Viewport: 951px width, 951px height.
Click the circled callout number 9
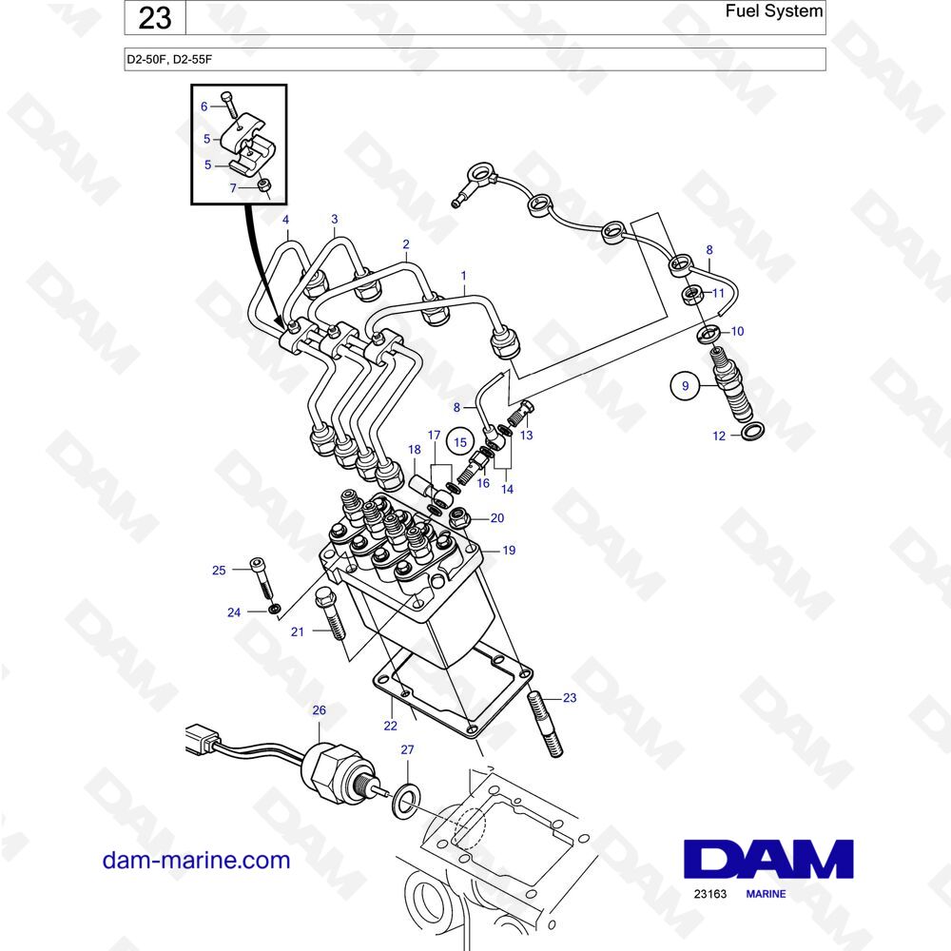(x=682, y=386)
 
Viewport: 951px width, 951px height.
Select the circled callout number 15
(x=460, y=442)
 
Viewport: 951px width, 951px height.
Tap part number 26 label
(x=319, y=710)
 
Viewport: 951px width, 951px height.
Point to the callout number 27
(x=406, y=750)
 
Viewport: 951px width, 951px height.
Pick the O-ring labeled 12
(x=750, y=435)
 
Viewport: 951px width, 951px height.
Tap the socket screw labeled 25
(x=261, y=574)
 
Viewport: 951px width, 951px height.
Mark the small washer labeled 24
(x=274, y=609)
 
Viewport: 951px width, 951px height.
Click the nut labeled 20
(x=460, y=519)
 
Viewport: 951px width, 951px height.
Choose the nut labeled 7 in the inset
(x=264, y=185)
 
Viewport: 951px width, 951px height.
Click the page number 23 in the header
(x=154, y=18)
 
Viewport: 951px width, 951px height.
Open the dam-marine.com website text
(x=196, y=861)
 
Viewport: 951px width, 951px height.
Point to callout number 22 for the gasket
(x=389, y=726)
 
